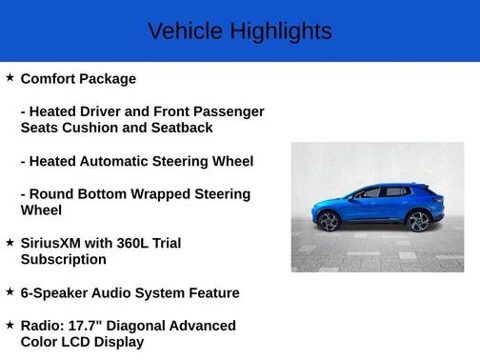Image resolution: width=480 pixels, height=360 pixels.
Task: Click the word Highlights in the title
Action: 279,31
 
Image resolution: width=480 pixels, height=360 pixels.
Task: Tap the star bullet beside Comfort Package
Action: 10,77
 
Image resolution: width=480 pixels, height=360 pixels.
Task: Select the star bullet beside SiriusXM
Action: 10,242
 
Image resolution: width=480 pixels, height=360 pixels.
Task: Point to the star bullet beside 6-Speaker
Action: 10,291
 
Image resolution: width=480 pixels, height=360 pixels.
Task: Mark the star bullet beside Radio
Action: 10,324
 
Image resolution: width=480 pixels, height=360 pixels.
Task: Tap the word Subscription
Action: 63,259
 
